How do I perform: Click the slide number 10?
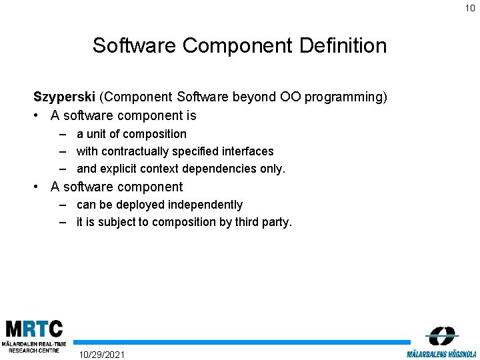pos(470,8)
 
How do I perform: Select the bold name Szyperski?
pos(65,97)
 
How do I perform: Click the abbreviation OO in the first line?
pos(291,97)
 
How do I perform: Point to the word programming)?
pos(346,98)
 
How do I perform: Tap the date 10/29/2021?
pos(101,354)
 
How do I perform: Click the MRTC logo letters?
pos(34,329)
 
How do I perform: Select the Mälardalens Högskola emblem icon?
pos(441,335)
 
